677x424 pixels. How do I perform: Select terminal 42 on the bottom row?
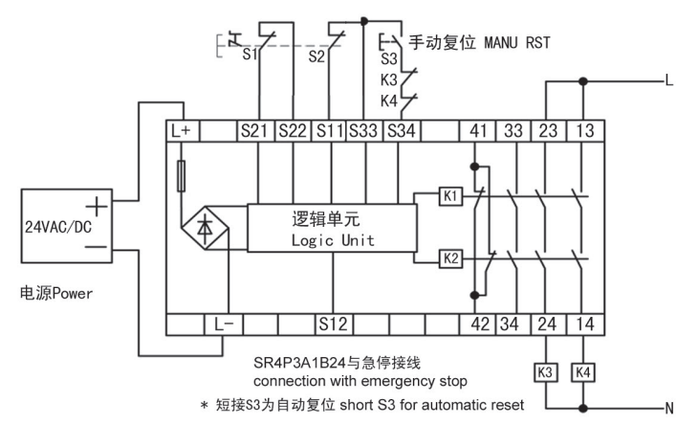pos(474,324)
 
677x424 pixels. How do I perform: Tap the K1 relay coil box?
pos(450,196)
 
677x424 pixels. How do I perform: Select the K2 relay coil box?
pos(450,257)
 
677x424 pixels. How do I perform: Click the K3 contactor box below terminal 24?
pos(544,368)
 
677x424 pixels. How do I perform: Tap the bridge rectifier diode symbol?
pos(204,230)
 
